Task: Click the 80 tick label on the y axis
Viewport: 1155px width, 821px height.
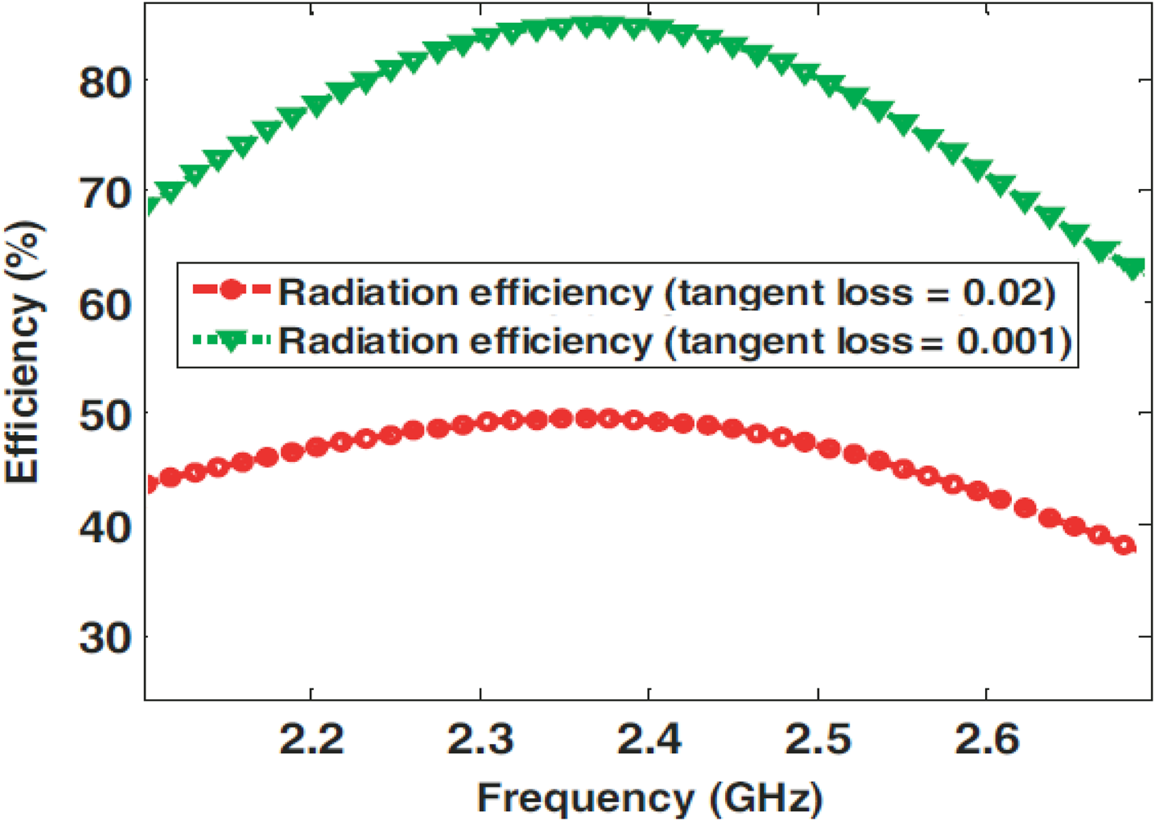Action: pyautogui.click(x=105, y=83)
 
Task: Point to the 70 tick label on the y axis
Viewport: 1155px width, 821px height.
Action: pyautogui.click(x=105, y=195)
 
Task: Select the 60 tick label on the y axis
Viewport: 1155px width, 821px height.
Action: pyautogui.click(x=105, y=306)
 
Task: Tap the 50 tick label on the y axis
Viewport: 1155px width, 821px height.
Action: pyautogui.click(x=105, y=416)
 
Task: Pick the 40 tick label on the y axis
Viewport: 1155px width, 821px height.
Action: pyautogui.click(x=105, y=527)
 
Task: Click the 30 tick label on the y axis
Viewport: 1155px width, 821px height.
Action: pyautogui.click(x=105, y=638)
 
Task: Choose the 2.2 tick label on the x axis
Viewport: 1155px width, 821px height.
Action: pyautogui.click(x=311, y=739)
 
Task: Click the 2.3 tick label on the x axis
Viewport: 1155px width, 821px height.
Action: pyautogui.click(x=481, y=739)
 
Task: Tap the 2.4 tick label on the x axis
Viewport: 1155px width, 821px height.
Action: pyautogui.click(x=649, y=739)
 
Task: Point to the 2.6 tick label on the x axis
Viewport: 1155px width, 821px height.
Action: pyautogui.click(x=987, y=739)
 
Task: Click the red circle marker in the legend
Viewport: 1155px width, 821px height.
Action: pyautogui.click(x=231, y=289)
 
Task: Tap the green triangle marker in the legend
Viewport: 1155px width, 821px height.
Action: pyautogui.click(x=231, y=341)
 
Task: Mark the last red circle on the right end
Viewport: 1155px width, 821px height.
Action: pyautogui.click(x=1126, y=545)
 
